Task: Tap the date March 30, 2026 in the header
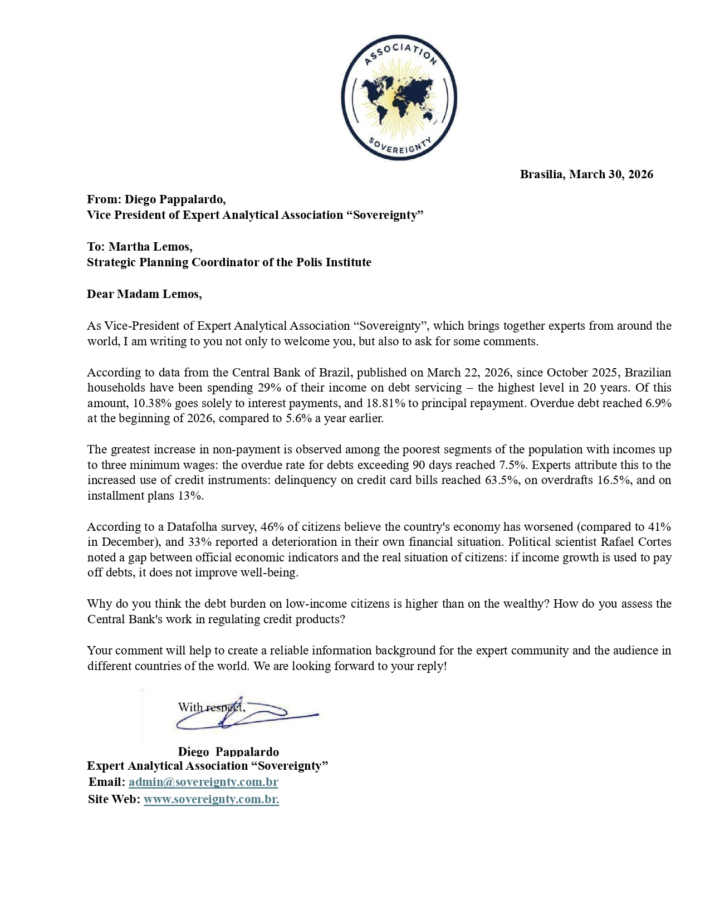611,174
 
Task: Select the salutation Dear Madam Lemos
144,294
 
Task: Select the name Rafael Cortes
635,542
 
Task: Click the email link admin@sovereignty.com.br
203,782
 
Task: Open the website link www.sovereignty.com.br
211,799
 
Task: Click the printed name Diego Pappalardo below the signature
228,752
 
